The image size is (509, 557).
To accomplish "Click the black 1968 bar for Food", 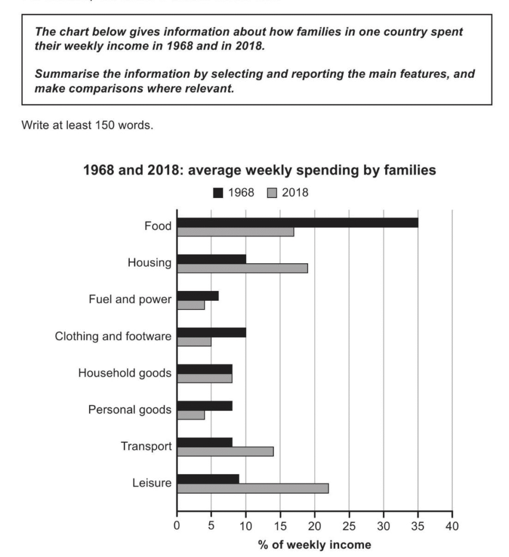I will click(297, 222).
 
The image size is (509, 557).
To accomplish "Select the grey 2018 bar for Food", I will click(235, 232).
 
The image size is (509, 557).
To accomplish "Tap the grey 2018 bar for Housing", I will click(242, 268).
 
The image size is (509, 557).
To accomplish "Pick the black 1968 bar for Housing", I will click(211, 259).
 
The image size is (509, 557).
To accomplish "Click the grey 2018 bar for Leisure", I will click(253, 488).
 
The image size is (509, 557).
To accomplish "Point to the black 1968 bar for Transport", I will click(205, 442).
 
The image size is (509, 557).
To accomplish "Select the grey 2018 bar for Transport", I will click(225, 451).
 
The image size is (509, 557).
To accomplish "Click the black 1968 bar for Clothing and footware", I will click(211, 332).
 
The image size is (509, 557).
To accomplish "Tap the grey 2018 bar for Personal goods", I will click(191, 414).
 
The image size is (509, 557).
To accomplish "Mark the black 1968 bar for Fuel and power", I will click(198, 295).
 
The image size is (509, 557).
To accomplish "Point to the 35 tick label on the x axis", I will click(418, 527).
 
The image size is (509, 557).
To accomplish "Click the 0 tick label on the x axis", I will click(177, 527).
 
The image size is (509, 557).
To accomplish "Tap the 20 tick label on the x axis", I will click(315, 527).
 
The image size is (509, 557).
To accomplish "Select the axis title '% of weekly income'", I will click(315, 544).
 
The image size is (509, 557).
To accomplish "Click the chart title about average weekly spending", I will click(260, 171).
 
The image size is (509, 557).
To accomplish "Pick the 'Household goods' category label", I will click(125, 373).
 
